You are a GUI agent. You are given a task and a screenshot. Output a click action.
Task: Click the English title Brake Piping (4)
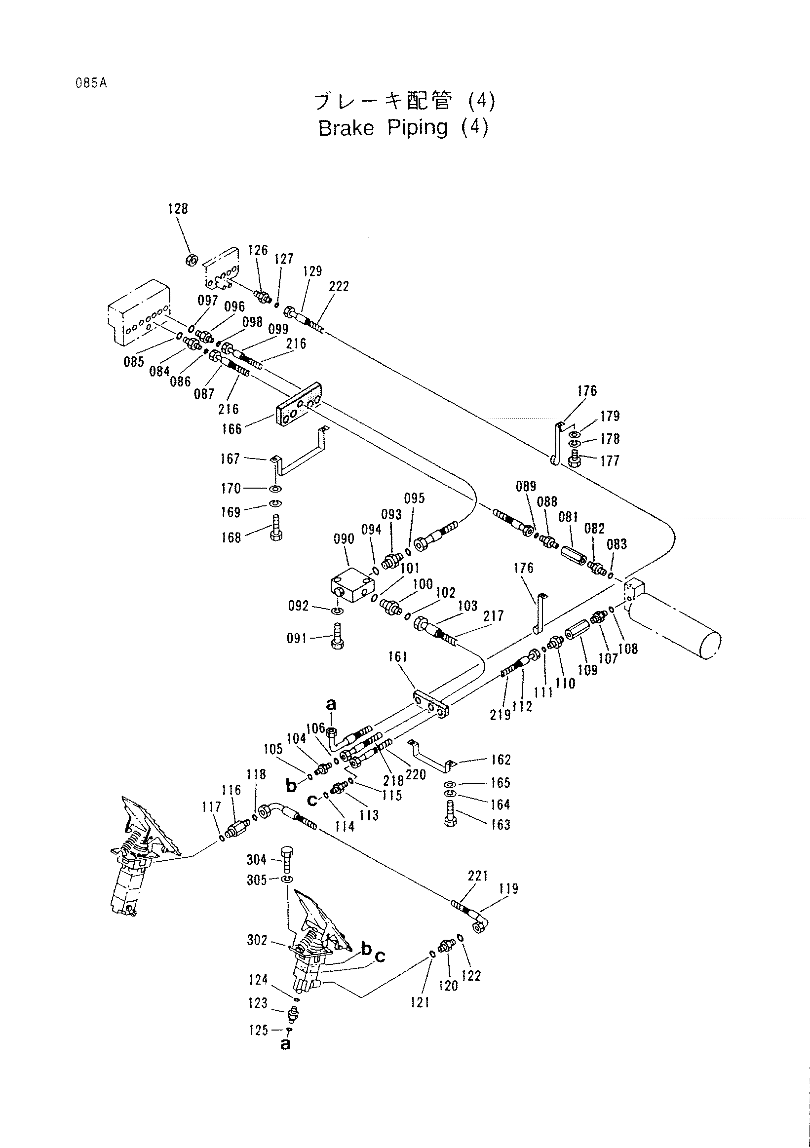coord(403,128)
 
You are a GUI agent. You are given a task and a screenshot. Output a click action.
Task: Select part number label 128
coord(178,208)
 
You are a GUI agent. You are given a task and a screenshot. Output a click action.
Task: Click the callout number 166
coord(231,428)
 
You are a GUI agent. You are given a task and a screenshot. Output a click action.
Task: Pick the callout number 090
coord(344,539)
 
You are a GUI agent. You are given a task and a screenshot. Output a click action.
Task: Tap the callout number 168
coord(231,537)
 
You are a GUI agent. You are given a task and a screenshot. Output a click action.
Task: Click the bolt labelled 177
coord(575,458)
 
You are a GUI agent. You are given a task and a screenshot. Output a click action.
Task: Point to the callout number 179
coord(610,416)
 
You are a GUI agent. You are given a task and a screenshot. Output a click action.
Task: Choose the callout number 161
coord(398,656)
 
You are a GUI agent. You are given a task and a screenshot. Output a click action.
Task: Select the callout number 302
coord(258,940)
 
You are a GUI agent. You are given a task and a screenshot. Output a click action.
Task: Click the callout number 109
coord(587,669)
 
